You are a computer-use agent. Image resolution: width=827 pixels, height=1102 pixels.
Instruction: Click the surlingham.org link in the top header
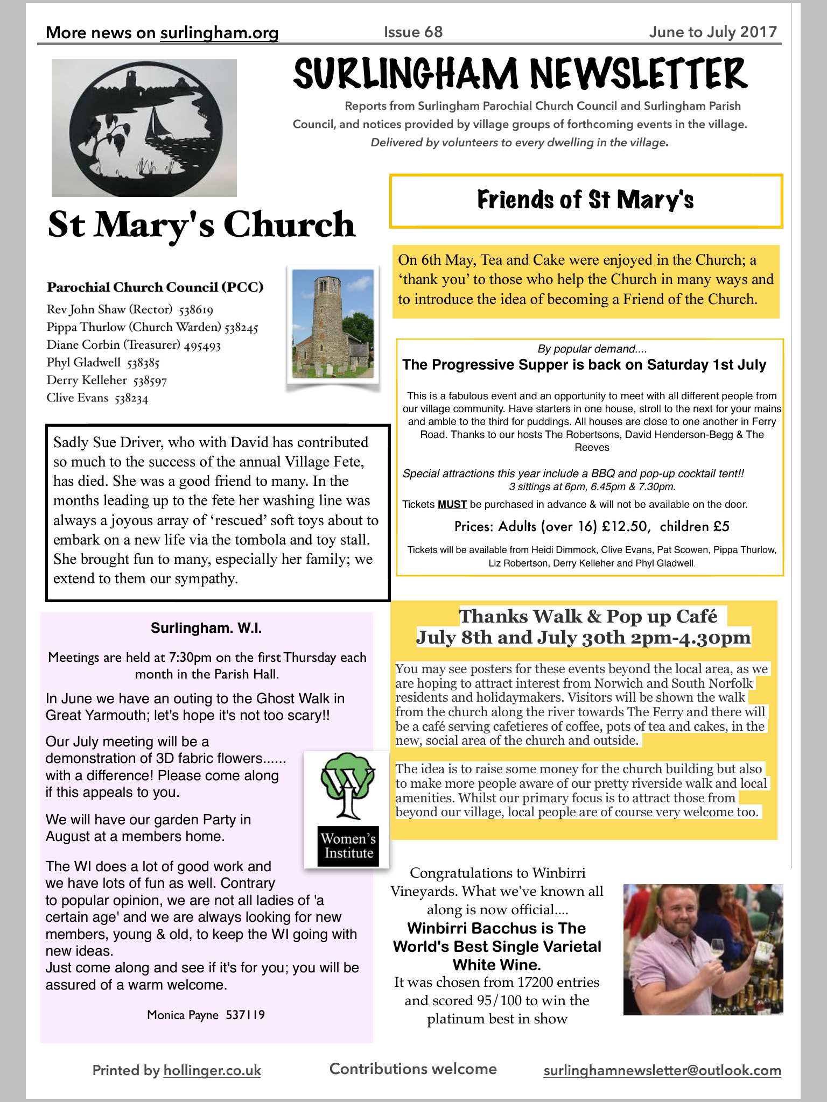219,33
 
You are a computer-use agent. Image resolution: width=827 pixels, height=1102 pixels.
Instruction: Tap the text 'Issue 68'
413,32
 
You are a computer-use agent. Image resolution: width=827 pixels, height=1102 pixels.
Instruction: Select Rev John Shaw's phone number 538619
196,310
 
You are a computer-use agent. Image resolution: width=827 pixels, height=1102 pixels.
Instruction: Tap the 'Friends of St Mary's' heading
585,200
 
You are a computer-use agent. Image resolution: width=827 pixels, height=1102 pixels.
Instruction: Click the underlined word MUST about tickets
452,505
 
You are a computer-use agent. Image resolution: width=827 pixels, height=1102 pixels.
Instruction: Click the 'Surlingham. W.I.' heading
206,628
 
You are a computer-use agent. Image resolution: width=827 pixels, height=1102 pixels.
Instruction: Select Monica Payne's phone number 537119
245,1015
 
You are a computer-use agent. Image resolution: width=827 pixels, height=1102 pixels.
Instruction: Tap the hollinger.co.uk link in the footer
212,1070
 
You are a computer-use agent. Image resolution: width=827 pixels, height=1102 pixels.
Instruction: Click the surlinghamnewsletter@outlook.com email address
662,1070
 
